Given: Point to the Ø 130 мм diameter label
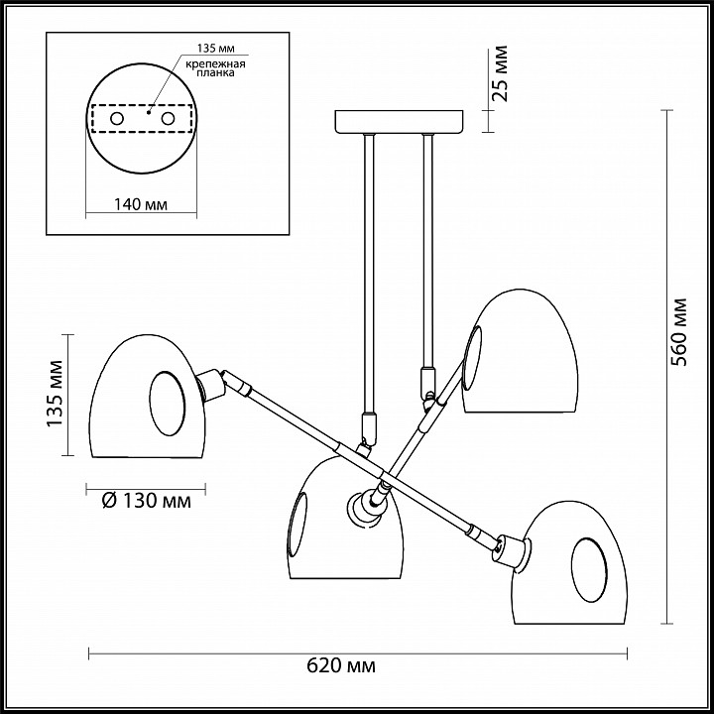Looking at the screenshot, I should point(147,502).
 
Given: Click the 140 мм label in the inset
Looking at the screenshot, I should point(139,205).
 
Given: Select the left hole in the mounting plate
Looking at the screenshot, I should point(117,119).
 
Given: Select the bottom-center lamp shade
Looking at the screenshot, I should point(342,526).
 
